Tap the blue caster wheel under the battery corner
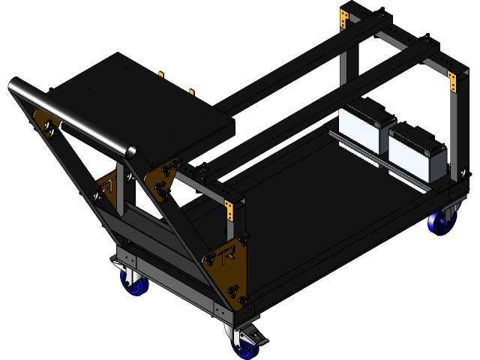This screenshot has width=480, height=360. (x=438, y=223)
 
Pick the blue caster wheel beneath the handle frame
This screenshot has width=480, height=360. (x=132, y=282)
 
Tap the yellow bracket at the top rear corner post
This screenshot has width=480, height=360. (x=344, y=18)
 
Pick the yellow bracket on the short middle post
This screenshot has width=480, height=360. (x=230, y=210)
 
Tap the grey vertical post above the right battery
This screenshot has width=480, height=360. (x=453, y=135)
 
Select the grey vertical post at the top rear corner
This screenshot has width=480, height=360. (x=343, y=67)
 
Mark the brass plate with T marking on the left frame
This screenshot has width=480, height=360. (x=107, y=187)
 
